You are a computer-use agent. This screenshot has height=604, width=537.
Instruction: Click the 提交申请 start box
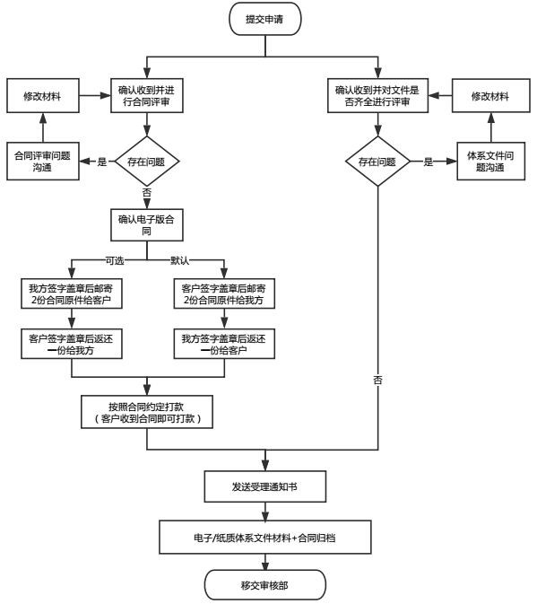point(265,19)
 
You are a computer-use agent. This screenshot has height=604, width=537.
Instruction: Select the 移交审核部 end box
point(265,585)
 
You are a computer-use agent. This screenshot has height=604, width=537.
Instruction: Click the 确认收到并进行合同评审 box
point(146,96)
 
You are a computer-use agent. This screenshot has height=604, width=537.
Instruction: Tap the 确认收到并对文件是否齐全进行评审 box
point(377,96)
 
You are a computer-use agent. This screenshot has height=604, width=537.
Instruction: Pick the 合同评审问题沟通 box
point(43,161)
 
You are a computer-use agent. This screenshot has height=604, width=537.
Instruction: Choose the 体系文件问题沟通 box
point(491,161)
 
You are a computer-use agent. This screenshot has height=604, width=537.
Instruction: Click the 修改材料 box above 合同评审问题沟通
point(43,96)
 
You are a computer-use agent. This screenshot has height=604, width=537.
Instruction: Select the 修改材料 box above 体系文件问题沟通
point(491,96)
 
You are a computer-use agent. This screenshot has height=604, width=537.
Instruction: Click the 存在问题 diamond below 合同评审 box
point(146,162)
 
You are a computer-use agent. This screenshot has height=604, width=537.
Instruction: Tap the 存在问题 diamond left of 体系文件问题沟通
point(377,162)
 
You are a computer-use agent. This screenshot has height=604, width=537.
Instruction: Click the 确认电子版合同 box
point(146,225)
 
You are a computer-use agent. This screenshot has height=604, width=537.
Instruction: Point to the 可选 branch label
point(115,261)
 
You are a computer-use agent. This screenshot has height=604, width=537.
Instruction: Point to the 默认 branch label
point(179,261)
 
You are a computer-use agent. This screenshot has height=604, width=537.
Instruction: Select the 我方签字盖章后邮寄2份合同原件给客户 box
point(72,293)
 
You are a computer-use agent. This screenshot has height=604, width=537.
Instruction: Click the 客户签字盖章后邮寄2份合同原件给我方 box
point(224,293)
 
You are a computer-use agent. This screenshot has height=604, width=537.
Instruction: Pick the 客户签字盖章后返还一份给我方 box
point(72,344)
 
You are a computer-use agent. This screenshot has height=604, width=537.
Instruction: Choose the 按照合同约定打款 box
point(146,412)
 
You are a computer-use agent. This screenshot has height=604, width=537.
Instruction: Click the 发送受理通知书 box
point(265,486)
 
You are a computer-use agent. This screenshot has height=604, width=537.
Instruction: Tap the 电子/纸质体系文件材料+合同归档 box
point(265,538)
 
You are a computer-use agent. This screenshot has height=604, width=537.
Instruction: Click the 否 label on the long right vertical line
point(377,381)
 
